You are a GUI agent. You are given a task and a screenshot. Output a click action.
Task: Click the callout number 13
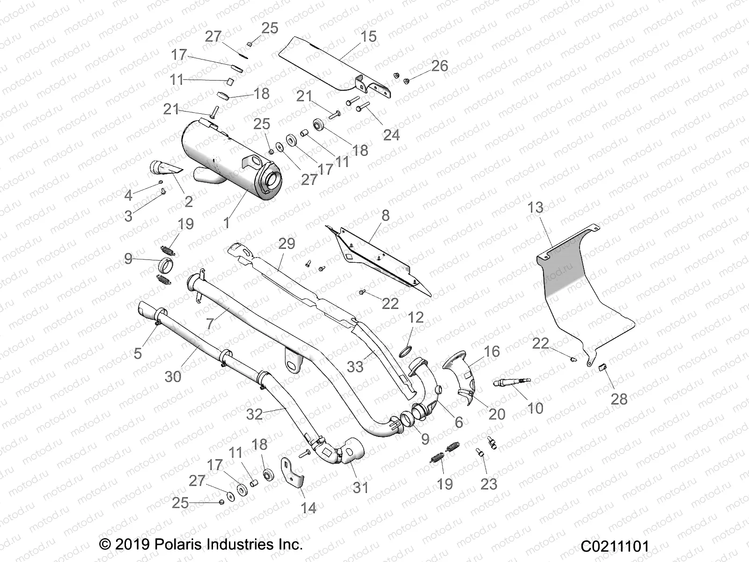tap(536, 207)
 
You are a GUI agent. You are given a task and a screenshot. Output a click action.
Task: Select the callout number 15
tap(369, 37)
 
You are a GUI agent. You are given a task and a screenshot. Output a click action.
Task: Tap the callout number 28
tap(619, 399)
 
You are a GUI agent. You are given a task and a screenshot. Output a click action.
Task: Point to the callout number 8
tap(385, 215)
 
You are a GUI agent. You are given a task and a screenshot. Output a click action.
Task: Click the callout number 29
tap(286, 244)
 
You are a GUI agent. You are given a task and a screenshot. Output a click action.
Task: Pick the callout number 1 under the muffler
tap(227, 222)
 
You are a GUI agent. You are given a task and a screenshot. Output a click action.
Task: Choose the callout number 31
tap(360, 488)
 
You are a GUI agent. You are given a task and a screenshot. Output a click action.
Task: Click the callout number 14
tap(308, 508)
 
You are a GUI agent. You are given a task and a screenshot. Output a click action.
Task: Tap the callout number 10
tap(535, 408)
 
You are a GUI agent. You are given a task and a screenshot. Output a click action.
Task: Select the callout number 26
tap(440, 66)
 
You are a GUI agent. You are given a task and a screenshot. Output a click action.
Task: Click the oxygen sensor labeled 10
tap(512, 384)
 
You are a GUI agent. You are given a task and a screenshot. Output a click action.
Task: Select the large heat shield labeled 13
tap(580, 290)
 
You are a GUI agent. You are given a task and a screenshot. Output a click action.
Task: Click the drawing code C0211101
tap(615, 547)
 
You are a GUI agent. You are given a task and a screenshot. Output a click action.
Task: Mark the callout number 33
tap(355, 366)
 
